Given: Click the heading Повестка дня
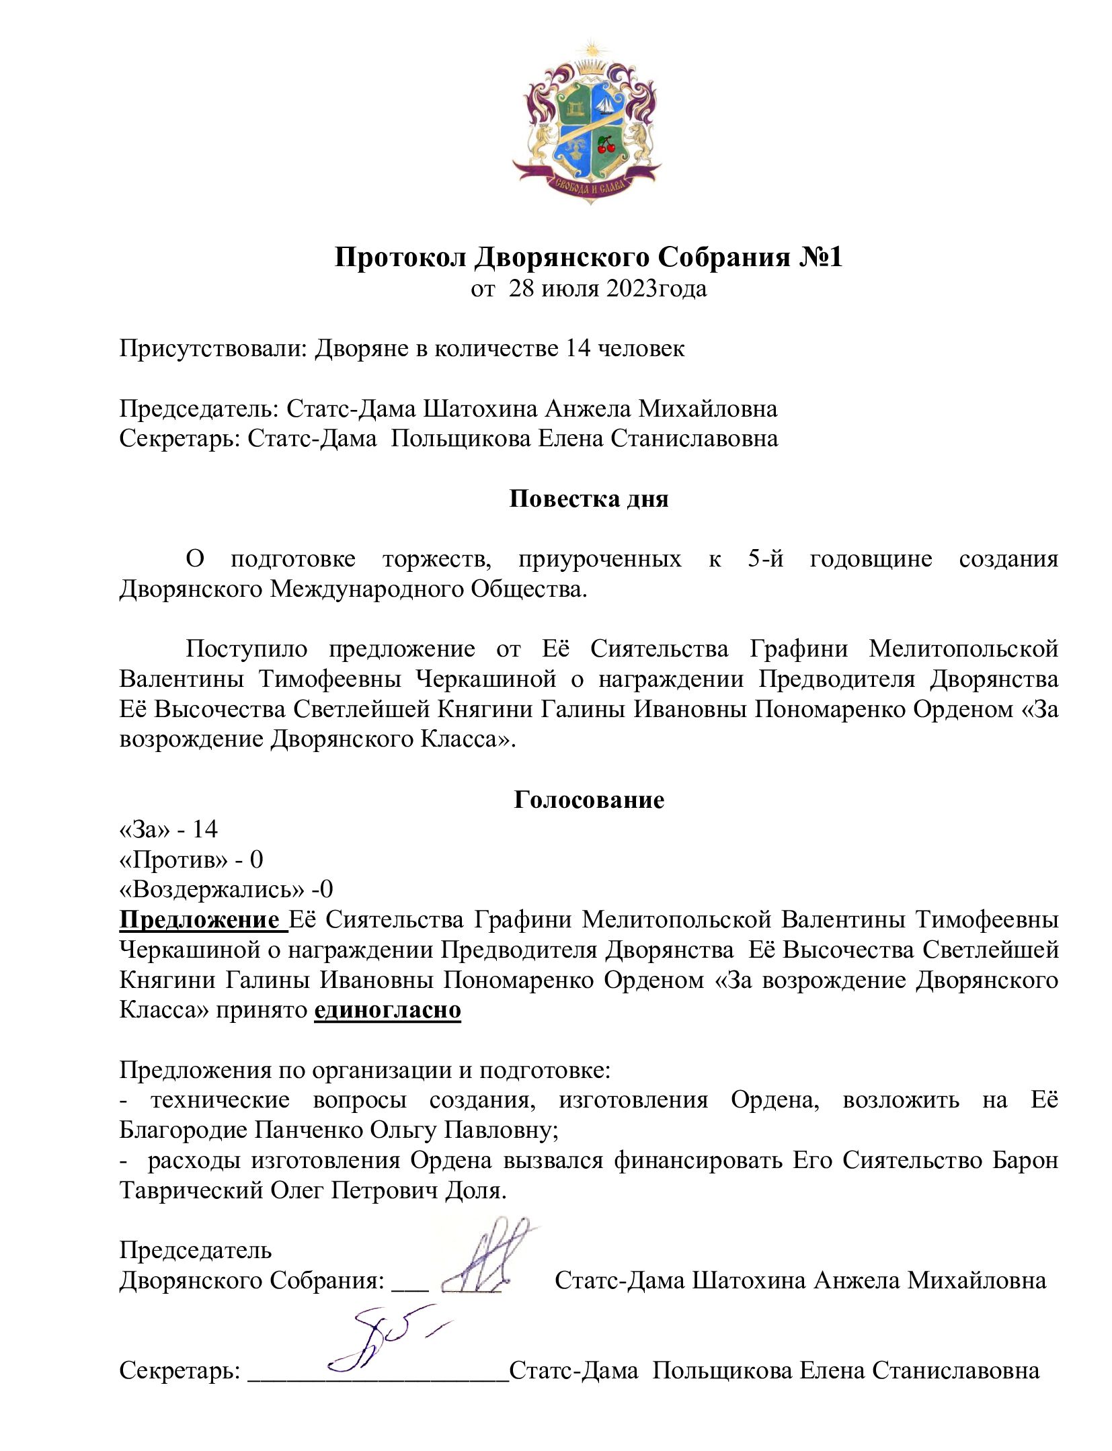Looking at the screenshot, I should (x=588, y=499).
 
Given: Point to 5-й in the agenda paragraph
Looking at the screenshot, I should (x=765, y=558).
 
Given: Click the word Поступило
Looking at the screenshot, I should (x=246, y=649).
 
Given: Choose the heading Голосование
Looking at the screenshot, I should (x=588, y=799).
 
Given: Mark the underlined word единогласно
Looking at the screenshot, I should (x=387, y=1010).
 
